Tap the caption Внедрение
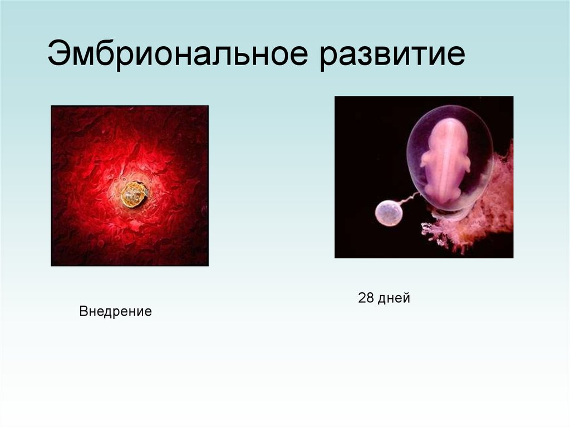pyautogui.click(x=115, y=311)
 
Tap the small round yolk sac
pyautogui.click(x=389, y=213)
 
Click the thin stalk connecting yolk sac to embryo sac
pyautogui.click(x=410, y=198)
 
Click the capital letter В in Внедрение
pyautogui.click(x=83, y=311)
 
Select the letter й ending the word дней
pyautogui.click(x=406, y=298)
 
